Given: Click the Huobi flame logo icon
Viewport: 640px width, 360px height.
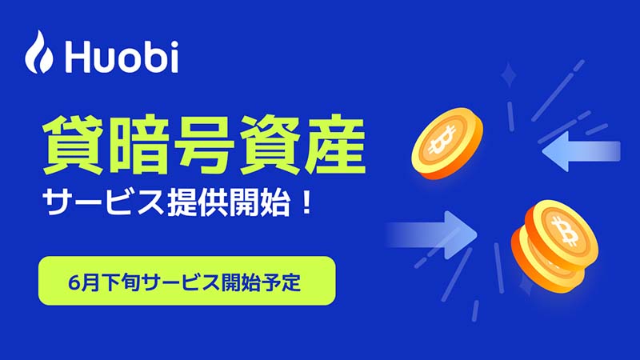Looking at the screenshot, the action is click(38, 52).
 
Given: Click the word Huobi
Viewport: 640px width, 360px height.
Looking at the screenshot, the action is click(122, 56).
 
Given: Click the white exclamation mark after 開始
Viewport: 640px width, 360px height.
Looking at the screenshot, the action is click(306, 202).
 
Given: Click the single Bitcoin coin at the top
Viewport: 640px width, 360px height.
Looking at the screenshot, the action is click(447, 143).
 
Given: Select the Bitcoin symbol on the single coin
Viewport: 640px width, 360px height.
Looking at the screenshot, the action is click(442, 138).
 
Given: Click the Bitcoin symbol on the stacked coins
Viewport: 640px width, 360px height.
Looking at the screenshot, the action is click(564, 230).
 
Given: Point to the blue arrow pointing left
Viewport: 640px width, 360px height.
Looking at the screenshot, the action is click(582, 151).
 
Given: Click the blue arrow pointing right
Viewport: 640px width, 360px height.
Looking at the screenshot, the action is click(432, 234).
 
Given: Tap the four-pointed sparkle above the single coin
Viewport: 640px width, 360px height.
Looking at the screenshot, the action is click(509, 74).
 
